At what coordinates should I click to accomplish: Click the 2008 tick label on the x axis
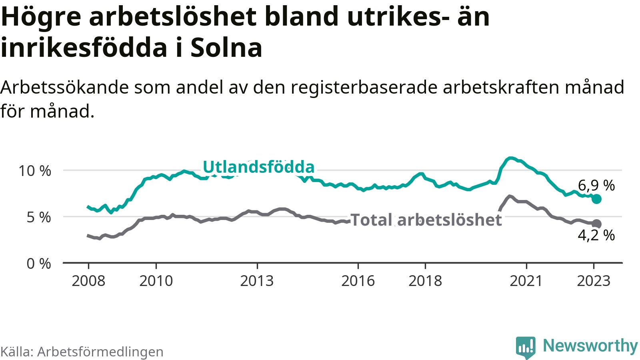(x=88, y=281)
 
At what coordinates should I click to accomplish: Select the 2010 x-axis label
(x=156, y=281)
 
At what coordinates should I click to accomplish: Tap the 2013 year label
(x=257, y=281)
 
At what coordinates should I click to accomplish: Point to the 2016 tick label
(x=358, y=281)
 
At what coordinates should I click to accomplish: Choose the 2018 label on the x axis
(x=425, y=281)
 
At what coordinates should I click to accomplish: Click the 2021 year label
(x=526, y=281)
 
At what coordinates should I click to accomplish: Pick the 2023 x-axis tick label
(x=594, y=281)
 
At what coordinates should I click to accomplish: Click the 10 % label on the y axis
(x=35, y=171)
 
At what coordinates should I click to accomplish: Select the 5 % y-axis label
(x=39, y=217)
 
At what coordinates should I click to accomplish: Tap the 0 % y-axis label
(x=39, y=264)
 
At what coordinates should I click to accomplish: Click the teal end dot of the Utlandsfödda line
(x=596, y=199)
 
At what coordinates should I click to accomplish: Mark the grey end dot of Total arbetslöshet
(x=596, y=224)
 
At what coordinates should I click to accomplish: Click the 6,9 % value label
(x=596, y=185)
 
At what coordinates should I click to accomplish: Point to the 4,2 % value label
(x=596, y=235)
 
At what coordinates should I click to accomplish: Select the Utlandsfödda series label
(x=258, y=167)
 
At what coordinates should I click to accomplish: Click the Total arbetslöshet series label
(x=426, y=220)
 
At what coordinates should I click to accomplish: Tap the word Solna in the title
(x=226, y=48)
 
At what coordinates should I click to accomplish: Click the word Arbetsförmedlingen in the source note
(x=100, y=352)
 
